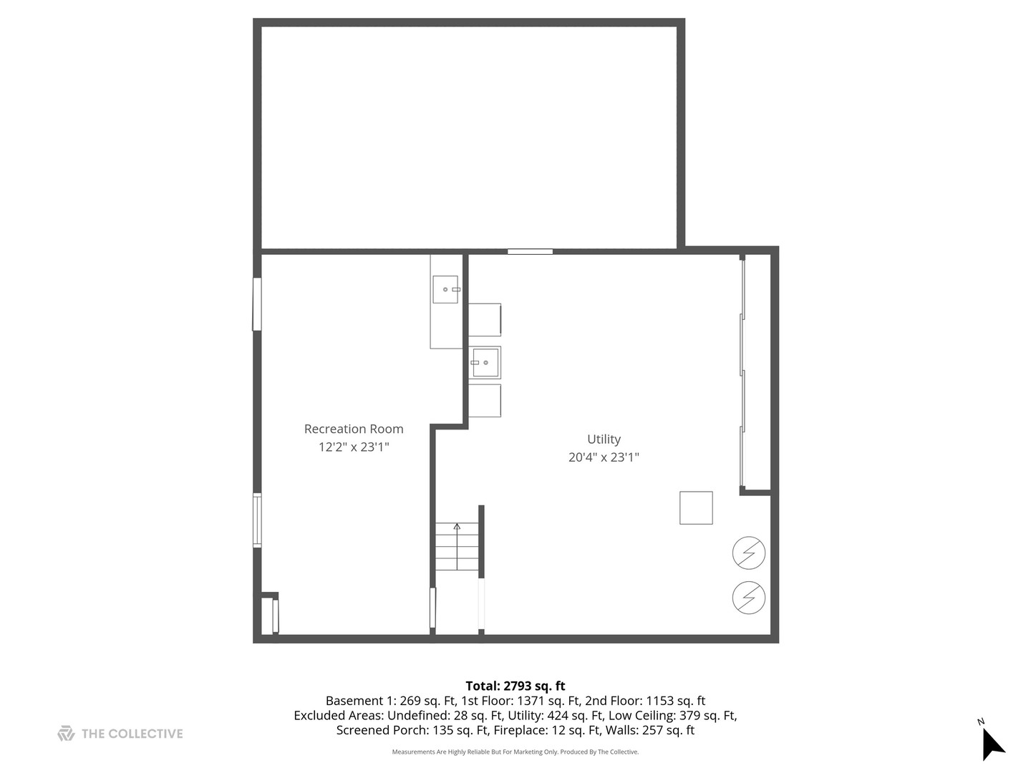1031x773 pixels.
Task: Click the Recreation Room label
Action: point(354,429)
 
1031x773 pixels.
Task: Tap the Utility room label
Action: point(604,439)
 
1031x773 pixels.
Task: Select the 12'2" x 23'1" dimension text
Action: point(354,447)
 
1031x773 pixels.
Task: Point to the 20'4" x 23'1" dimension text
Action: point(604,457)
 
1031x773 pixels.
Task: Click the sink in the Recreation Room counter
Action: point(445,289)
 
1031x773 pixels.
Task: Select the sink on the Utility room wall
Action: point(485,363)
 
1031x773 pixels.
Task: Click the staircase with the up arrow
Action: point(457,547)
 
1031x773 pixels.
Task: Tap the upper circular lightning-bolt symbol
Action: point(749,553)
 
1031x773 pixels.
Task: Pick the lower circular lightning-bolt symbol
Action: point(749,598)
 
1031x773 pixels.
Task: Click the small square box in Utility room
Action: point(696,508)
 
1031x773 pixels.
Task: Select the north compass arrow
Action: point(992,744)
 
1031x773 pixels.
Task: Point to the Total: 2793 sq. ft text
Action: point(515,686)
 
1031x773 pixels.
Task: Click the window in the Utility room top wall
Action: point(531,251)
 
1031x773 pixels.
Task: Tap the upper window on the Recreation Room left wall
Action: point(257,304)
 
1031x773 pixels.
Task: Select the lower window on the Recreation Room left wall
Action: point(257,520)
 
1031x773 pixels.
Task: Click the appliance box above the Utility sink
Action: point(485,319)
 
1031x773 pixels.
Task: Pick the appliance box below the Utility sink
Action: point(485,401)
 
